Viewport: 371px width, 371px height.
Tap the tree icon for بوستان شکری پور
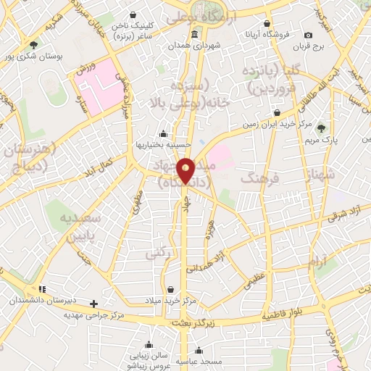pyautogui.click(x=33, y=45)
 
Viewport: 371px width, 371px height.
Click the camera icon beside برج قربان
pyautogui.click(x=309, y=36)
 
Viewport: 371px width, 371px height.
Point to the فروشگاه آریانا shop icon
pyautogui.click(x=267, y=24)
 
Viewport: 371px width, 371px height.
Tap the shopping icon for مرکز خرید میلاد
pyautogui.click(x=170, y=290)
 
